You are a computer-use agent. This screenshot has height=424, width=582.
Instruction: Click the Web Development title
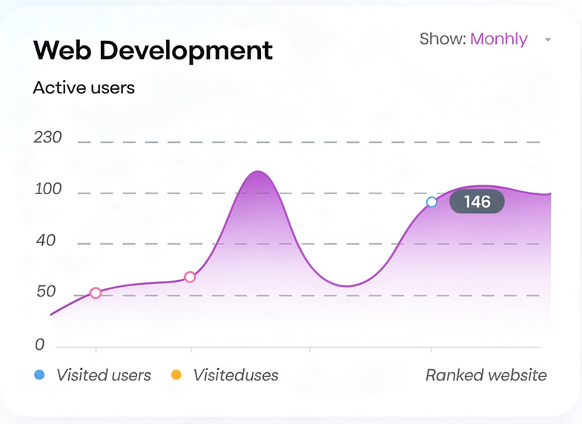(153, 50)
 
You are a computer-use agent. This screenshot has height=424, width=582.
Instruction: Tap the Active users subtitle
(84, 87)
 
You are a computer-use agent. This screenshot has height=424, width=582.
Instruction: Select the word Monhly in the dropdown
(499, 39)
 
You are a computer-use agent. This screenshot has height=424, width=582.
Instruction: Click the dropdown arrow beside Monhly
(548, 40)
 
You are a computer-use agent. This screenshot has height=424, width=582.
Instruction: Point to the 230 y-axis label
(48, 138)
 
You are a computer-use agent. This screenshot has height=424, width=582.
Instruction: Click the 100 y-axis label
(48, 189)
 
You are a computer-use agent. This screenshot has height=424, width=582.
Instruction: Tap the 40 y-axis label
(45, 241)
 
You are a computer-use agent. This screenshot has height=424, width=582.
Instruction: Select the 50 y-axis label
(45, 292)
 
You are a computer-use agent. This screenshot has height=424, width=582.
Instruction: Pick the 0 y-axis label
(39, 345)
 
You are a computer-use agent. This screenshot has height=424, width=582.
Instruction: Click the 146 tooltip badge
(477, 202)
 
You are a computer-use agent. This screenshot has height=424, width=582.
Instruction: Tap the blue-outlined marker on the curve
(431, 202)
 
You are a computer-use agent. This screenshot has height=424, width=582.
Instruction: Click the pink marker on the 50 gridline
(96, 293)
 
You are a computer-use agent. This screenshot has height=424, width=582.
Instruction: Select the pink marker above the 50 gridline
(190, 277)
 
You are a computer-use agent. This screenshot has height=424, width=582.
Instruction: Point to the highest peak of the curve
(257, 172)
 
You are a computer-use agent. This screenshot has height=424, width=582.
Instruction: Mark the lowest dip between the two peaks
(346, 285)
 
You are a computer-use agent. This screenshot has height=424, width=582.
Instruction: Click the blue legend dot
(39, 375)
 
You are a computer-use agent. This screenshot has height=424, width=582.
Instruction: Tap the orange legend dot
(176, 375)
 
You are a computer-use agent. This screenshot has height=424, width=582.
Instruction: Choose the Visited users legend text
(104, 375)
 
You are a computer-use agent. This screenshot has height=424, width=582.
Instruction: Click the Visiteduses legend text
(236, 375)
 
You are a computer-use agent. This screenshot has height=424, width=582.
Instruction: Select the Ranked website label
(486, 375)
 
